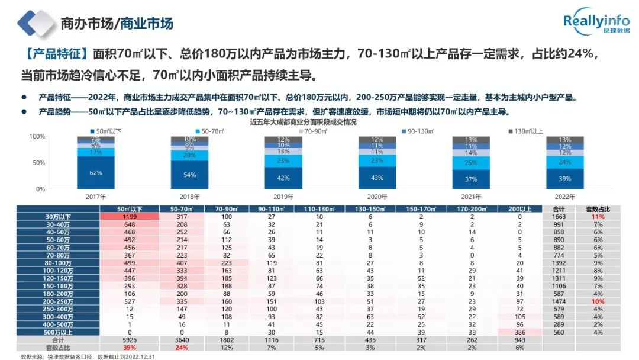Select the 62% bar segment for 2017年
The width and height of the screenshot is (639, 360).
click(x=96, y=172)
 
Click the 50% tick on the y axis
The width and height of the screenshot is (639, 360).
click(x=37, y=163)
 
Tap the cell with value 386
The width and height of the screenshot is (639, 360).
click(x=519, y=333)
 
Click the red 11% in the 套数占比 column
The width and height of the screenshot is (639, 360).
click(x=598, y=217)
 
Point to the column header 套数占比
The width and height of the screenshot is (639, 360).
click(x=598, y=209)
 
